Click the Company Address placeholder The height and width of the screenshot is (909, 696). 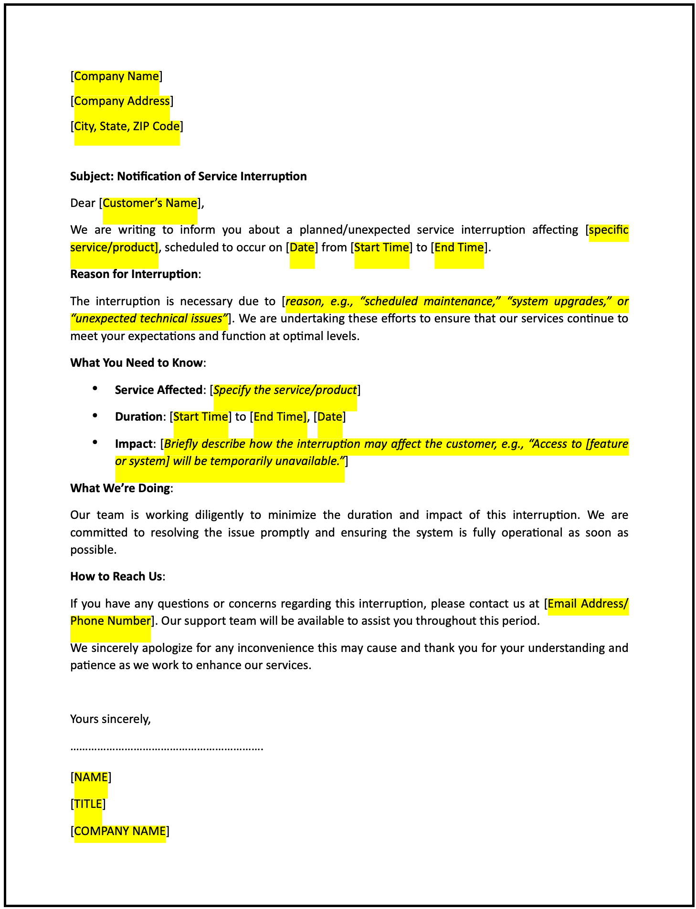(x=122, y=101)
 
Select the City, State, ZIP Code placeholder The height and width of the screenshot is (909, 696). (x=127, y=126)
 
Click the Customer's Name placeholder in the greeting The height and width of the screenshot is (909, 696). (x=150, y=203)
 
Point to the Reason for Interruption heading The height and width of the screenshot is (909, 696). (x=134, y=274)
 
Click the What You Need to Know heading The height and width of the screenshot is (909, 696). (x=137, y=363)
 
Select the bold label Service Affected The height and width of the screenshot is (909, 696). (x=158, y=390)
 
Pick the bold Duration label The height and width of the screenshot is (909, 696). (x=138, y=417)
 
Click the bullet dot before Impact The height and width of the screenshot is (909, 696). (x=95, y=443)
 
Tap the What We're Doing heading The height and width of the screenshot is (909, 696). (x=120, y=488)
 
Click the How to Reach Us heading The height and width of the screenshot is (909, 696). (x=116, y=577)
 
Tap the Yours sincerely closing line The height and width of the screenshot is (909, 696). (x=110, y=719)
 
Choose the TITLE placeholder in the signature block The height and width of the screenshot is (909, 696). (x=88, y=804)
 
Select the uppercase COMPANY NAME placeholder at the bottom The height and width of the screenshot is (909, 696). (x=120, y=831)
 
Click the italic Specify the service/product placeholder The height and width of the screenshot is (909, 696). (x=285, y=390)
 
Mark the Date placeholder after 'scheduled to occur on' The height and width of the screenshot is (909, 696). (x=302, y=248)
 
